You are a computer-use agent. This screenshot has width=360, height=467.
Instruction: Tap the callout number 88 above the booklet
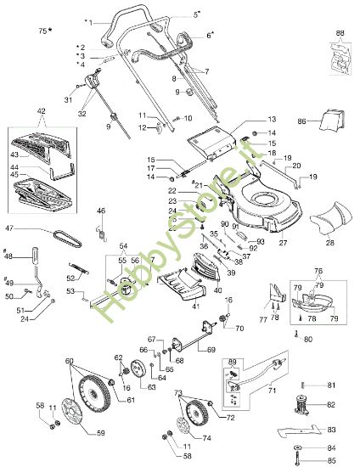coord(340,33)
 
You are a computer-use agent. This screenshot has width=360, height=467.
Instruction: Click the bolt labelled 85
coord(299,461)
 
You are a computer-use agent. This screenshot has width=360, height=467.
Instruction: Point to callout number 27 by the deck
coord(282,243)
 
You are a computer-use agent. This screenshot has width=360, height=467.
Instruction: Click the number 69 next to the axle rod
coord(234,350)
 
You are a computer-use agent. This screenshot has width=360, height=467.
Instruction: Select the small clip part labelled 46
coord(101,226)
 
